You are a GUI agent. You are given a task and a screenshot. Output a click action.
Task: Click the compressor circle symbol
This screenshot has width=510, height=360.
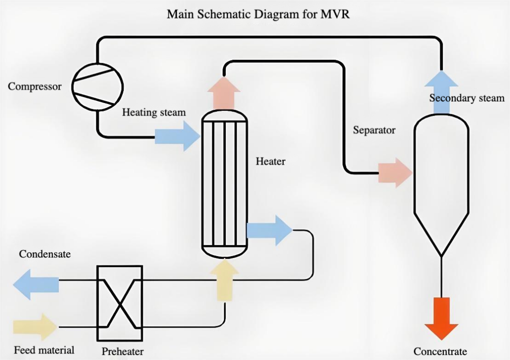(x=98, y=87)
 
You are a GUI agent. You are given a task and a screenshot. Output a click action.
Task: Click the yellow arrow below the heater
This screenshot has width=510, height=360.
(x=224, y=280)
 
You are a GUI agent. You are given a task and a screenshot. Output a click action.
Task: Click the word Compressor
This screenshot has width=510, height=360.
(x=35, y=87)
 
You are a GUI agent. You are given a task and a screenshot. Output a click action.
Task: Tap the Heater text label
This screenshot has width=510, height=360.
(x=271, y=162)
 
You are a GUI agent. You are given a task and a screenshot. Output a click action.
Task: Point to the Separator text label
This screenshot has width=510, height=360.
(x=374, y=130)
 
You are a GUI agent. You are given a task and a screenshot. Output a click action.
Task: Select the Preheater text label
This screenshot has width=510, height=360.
(x=123, y=351)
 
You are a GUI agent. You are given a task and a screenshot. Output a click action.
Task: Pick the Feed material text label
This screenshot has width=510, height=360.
(x=44, y=350)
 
